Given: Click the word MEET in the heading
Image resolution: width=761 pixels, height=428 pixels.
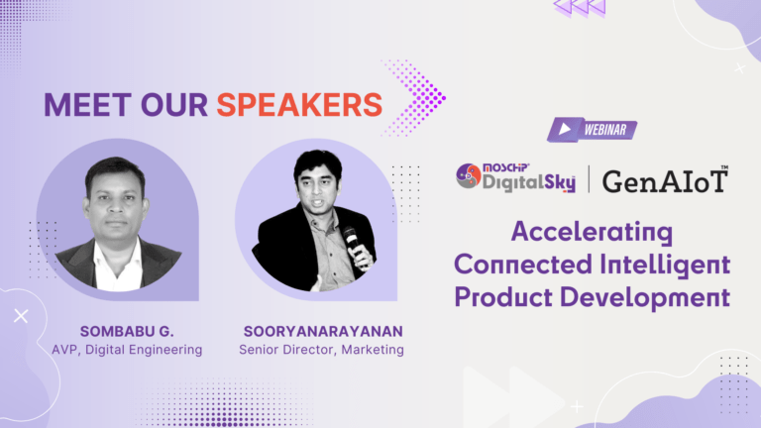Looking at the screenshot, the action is point(87,105).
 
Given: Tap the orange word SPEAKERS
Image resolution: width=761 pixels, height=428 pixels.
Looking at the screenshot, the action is point(299,105).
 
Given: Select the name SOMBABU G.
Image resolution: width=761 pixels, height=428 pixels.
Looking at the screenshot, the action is point(127,332).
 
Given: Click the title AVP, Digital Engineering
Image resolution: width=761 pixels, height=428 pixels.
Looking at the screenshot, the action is point(127,350).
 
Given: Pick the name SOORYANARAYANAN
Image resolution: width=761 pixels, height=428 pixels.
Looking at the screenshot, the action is point(323,332).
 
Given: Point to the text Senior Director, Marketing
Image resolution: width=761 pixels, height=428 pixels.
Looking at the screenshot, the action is point(321,350).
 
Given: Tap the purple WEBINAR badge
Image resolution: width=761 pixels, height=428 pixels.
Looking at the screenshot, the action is point(593,130).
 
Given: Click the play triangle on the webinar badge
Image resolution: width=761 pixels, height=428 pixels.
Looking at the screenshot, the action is point(565,129).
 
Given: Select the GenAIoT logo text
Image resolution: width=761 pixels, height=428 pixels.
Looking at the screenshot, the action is point(666,180).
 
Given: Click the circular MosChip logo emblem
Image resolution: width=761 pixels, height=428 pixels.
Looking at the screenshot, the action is point(469,176).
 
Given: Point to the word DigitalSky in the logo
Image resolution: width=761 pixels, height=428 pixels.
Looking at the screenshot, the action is point(529,182).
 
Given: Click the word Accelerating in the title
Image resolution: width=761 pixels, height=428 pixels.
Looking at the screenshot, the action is point(593,232).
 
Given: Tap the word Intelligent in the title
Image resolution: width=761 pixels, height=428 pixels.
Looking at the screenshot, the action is point(665,265).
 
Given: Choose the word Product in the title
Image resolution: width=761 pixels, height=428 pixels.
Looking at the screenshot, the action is point(503,297).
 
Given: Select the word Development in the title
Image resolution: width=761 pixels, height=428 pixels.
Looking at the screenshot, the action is point(645,298).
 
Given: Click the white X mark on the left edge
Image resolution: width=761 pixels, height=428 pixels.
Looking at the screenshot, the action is point(21,316).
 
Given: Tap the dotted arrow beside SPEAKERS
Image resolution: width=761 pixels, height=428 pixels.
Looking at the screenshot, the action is point(415,98).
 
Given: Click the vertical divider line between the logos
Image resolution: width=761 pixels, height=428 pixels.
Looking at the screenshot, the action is point(590,179).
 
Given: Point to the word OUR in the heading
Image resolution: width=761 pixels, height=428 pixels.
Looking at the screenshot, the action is point(174,105).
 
